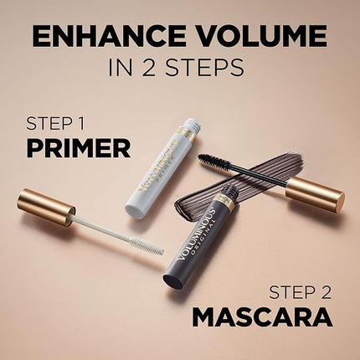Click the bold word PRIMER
pos(78,149)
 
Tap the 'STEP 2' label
pos(301,292)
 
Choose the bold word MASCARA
pos(263,317)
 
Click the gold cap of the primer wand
pos(46,207)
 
